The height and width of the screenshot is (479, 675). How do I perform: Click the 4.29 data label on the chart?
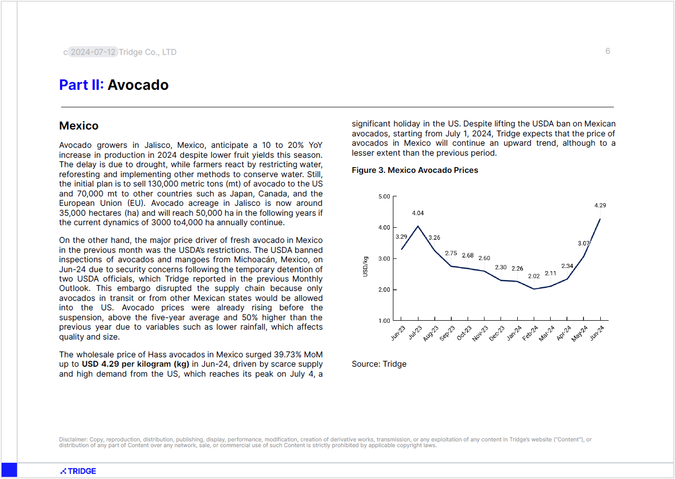(x=600, y=205)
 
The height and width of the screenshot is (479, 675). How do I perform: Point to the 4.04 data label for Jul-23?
(x=418, y=213)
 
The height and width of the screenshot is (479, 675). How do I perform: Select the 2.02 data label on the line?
(x=534, y=276)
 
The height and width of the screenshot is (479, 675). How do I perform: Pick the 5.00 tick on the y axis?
(x=383, y=196)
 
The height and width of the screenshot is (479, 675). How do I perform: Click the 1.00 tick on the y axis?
(x=383, y=321)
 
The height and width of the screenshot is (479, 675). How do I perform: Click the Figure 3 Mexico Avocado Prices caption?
(x=415, y=170)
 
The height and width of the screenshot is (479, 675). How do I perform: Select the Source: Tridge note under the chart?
(x=379, y=364)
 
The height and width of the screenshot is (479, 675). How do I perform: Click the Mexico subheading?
(x=79, y=126)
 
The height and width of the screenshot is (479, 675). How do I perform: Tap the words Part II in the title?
(x=82, y=85)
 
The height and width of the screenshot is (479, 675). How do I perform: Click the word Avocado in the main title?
(x=138, y=85)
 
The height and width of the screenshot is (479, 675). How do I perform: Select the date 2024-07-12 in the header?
(x=93, y=52)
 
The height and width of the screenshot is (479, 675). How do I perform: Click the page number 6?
(x=608, y=51)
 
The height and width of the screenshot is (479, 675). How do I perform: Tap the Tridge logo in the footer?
(x=78, y=471)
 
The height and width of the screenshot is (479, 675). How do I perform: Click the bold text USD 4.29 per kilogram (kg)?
(x=135, y=364)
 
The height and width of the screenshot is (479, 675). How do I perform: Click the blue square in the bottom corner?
(x=9, y=470)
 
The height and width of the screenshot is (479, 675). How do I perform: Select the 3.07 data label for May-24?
(x=584, y=243)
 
